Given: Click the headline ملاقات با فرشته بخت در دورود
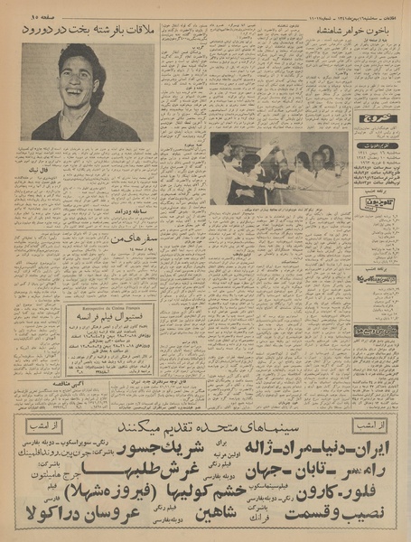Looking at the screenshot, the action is pyautogui.click(x=89, y=30).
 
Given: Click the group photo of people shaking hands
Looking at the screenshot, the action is pyautogui.click(x=278, y=168).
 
